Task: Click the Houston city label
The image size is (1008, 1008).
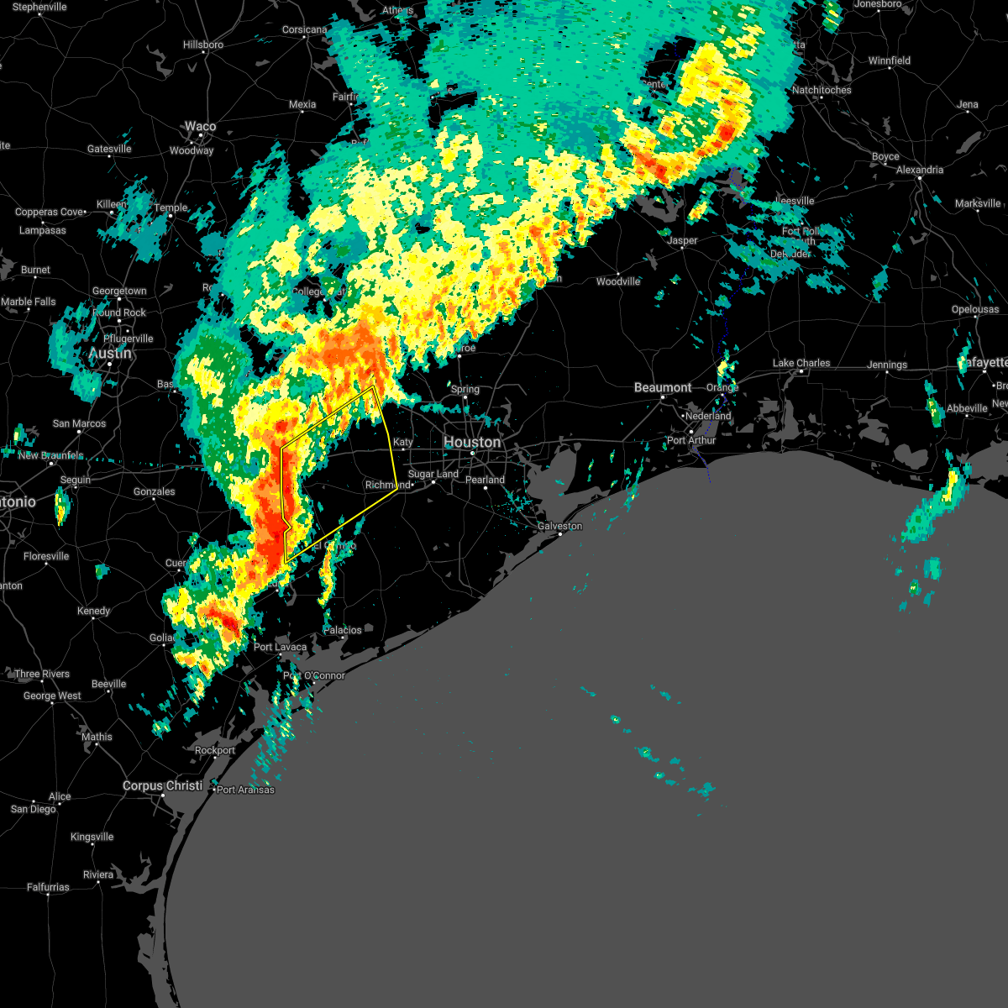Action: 472,443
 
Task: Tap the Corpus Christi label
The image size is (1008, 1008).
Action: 163,786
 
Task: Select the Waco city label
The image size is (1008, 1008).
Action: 200,127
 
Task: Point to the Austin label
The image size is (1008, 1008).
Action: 110,354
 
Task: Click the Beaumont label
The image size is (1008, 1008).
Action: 663,387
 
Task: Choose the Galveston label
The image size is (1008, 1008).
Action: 559,526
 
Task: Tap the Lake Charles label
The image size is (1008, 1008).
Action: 801,363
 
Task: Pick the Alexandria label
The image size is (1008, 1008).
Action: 920,170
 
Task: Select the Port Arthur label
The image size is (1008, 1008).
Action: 691,440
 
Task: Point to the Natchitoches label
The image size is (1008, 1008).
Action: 822,90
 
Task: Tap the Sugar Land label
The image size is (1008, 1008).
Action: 433,475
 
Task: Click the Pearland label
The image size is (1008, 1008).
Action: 486,480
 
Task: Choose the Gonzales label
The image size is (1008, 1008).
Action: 155,491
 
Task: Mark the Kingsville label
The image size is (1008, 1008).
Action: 92,837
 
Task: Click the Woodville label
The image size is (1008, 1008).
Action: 618,281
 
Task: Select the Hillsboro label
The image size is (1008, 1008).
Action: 203,45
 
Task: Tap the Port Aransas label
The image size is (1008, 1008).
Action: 245,790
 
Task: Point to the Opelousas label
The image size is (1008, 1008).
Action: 975,309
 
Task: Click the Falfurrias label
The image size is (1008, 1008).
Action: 48,887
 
